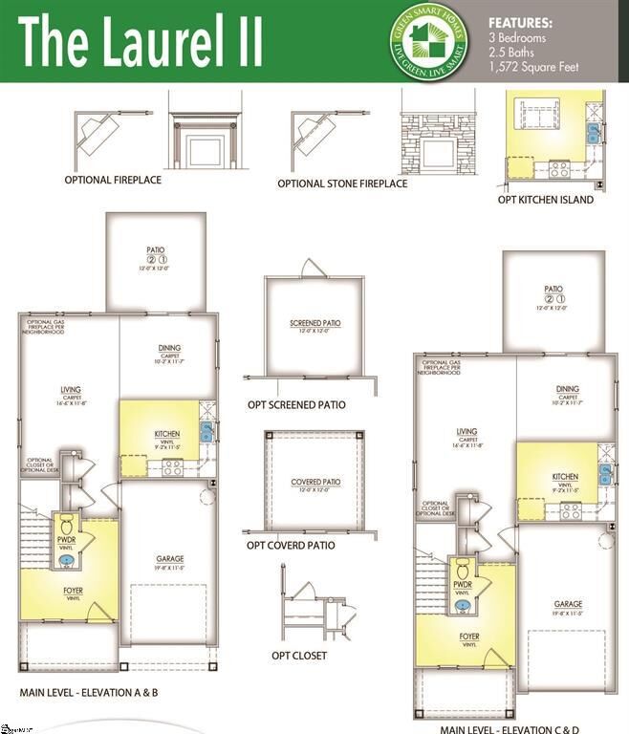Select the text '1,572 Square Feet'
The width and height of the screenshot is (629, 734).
coord(533,67)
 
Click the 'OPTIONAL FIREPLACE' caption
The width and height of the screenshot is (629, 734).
coord(113,179)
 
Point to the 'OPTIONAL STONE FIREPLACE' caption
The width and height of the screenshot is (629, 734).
coord(342,183)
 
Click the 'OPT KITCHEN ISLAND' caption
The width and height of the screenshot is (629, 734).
coord(546,200)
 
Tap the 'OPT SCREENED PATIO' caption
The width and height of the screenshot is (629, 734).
coord(297,404)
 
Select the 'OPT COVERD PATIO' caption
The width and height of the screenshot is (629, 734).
coord(291,545)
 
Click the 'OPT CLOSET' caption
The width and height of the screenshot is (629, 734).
coord(299,656)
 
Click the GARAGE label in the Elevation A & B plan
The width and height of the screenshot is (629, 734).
coord(170,559)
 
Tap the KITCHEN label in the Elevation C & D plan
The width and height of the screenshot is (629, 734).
coord(565,477)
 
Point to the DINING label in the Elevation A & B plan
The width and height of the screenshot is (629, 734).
coord(170,348)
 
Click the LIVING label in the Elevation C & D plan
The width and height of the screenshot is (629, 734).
coord(466,432)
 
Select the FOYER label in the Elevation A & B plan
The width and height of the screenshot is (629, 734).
coord(73,591)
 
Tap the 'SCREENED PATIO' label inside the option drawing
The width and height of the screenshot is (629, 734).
coord(314,323)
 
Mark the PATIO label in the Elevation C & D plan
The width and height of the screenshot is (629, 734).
coord(553,289)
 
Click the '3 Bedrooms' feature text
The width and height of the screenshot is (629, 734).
coord(516,37)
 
